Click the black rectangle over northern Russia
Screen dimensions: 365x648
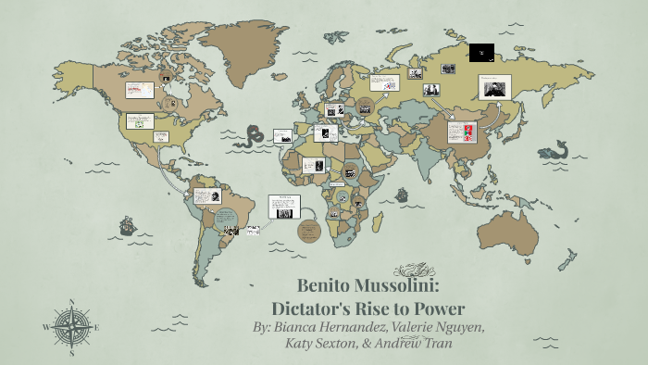tap(481, 53)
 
